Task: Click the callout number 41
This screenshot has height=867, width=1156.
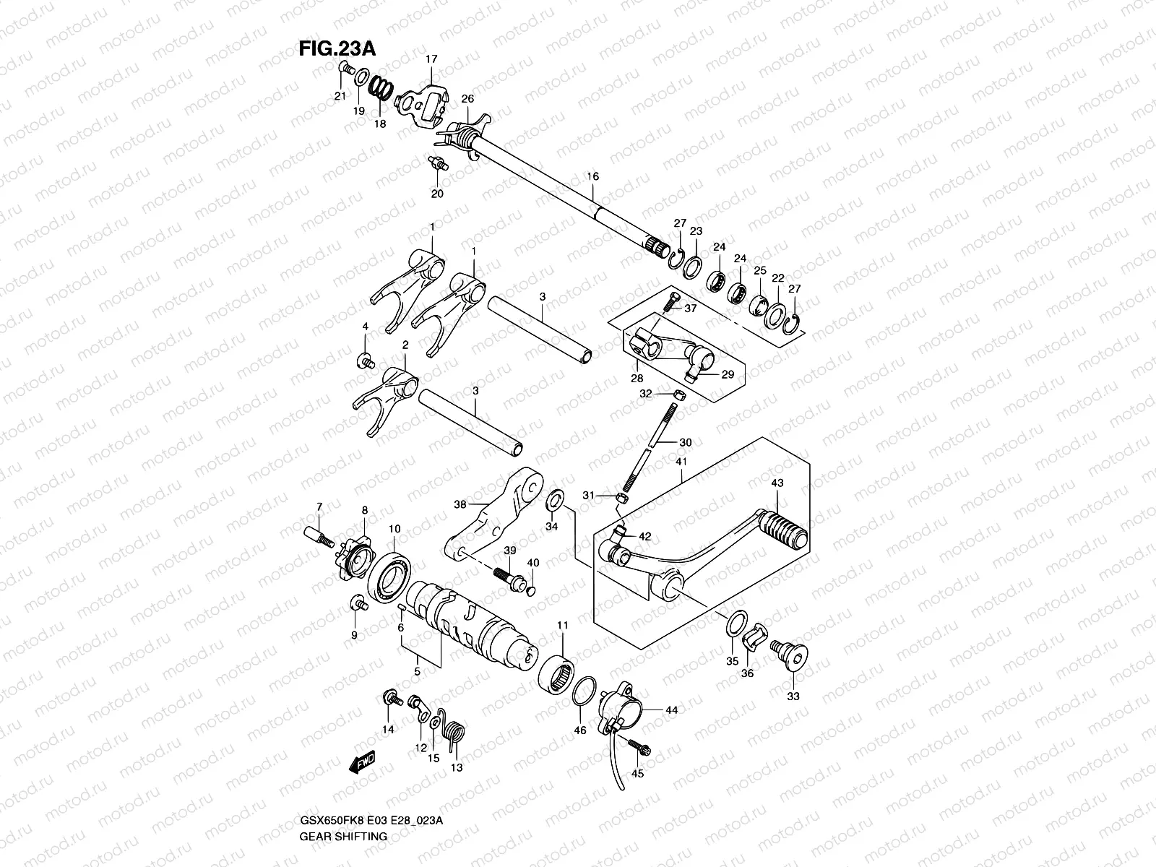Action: click(x=681, y=461)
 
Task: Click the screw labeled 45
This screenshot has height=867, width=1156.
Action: click(x=639, y=746)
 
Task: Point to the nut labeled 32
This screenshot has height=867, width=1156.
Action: click(x=679, y=394)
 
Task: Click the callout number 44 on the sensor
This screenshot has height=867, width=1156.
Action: click(x=671, y=711)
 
